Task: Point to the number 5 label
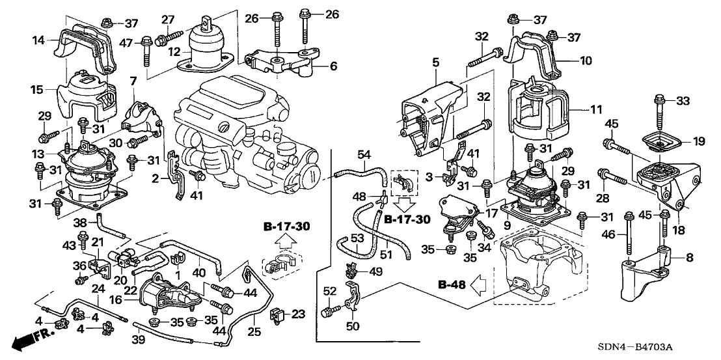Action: click(436, 62)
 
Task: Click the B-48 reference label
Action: click(445, 284)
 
